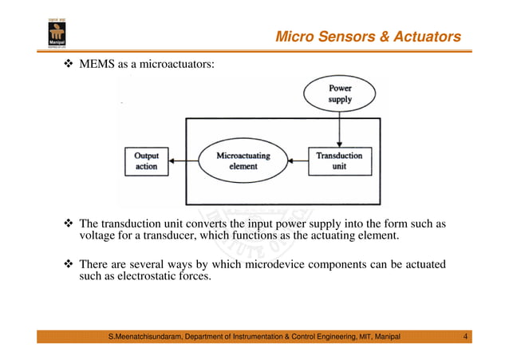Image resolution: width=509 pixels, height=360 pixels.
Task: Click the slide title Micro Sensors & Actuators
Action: click(368, 37)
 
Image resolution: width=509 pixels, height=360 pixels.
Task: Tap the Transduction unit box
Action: click(339, 160)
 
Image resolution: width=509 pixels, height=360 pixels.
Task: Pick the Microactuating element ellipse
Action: click(243, 160)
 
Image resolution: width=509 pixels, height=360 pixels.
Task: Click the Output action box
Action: click(146, 160)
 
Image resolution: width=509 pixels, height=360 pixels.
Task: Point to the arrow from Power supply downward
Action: click(340, 128)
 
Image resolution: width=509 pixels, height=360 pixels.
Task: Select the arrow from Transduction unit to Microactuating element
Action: click(297, 160)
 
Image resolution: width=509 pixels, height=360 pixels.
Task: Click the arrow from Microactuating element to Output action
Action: click(184, 160)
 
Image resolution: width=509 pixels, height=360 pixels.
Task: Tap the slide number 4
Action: click(465, 338)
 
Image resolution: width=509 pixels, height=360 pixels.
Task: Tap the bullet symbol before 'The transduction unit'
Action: click(68, 224)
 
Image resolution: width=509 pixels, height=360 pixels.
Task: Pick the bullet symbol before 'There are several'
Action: click(68, 263)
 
